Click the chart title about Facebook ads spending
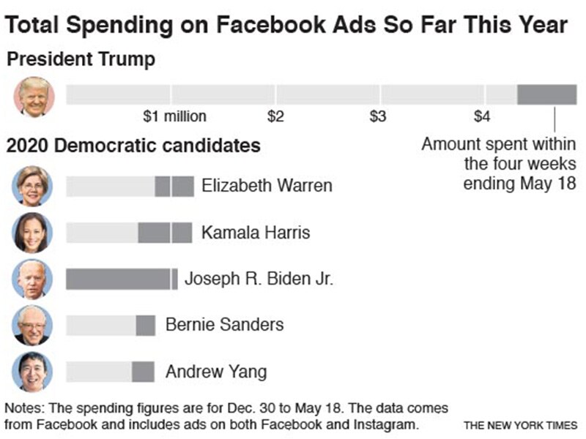(286, 26)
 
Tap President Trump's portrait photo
(33, 96)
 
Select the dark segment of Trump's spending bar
(546, 94)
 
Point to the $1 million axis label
(174, 116)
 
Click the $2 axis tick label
(275, 116)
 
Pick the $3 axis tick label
(378, 116)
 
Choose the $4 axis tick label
(482, 116)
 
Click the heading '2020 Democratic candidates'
(133, 146)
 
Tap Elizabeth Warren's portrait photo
(33, 186)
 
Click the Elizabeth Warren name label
(267, 186)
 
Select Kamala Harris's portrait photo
(33, 233)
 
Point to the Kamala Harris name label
(256, 233)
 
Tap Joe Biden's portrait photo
(33, 279)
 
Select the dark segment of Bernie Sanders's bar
(145, 325)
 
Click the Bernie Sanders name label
(224, 324)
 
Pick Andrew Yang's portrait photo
(33, 372)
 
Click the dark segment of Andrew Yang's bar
(143, 372)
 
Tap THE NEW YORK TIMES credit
(519, 424)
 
